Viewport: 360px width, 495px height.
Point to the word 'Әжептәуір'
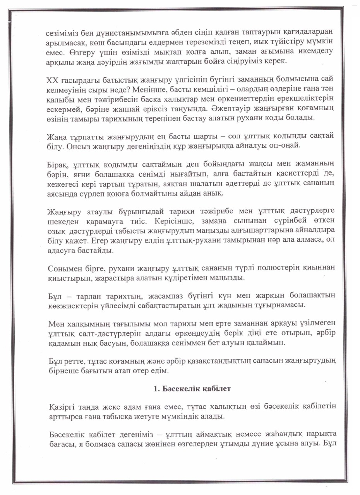point(223,107)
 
